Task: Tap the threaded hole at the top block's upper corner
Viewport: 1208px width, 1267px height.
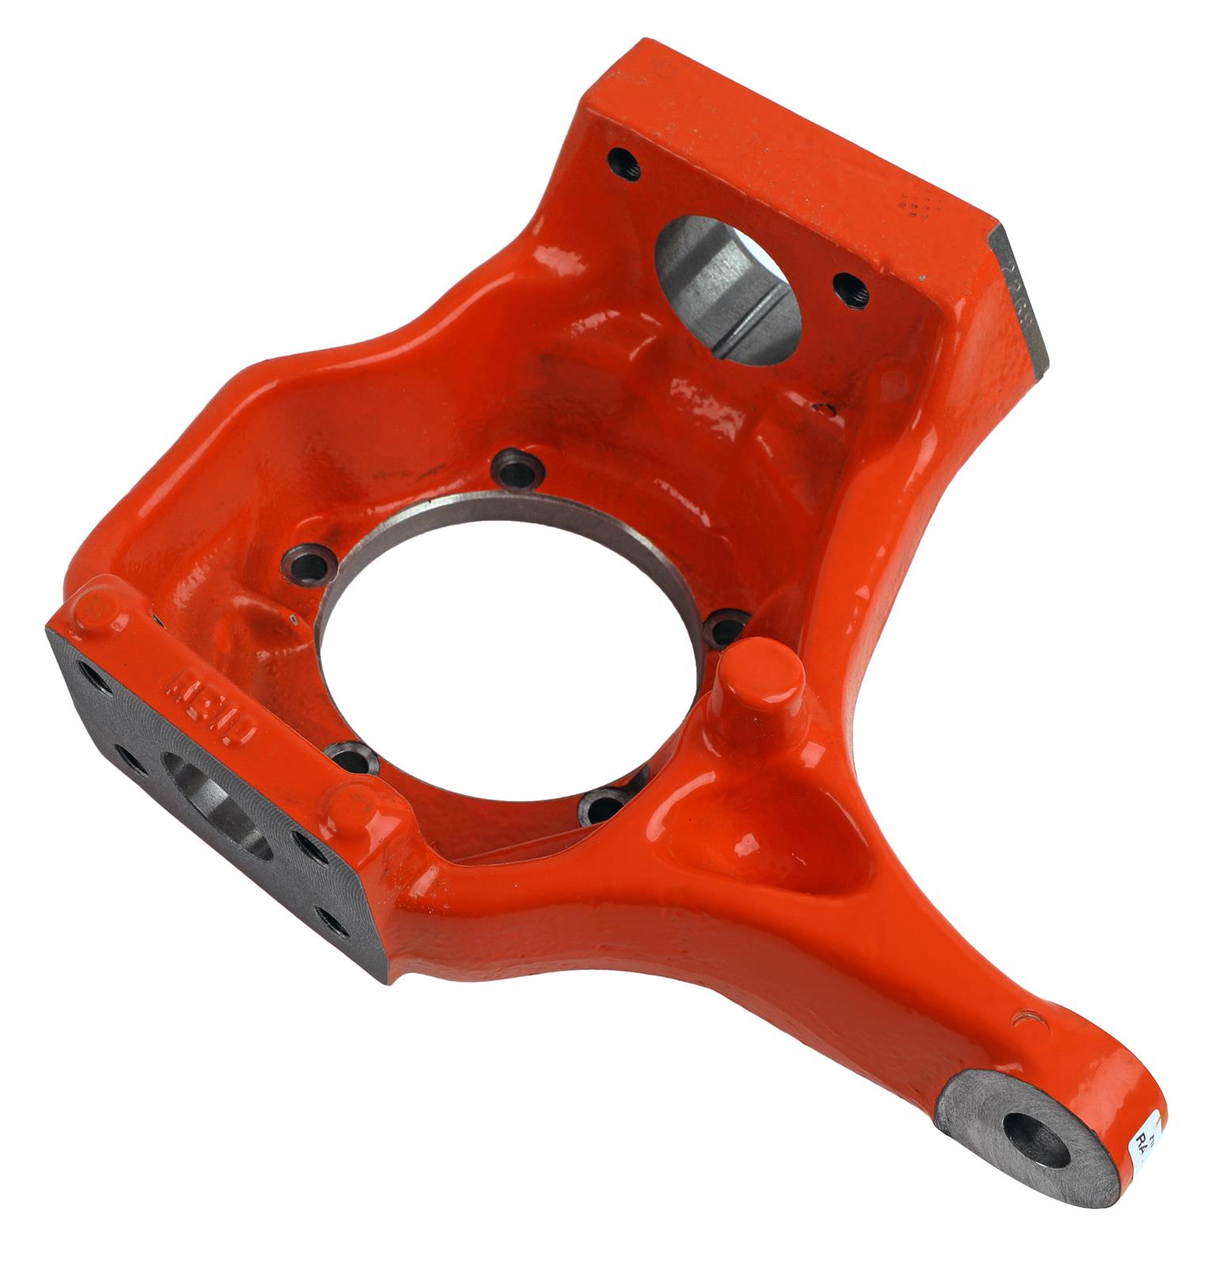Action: tap(624, 162)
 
